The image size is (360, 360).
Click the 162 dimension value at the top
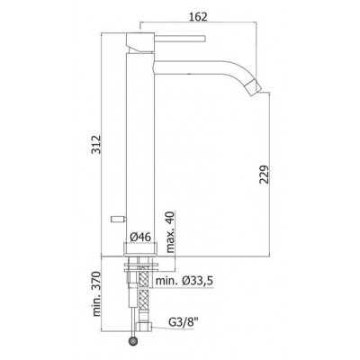click(198, 16)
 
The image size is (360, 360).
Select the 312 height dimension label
click(96, 144)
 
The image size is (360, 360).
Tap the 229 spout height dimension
click(265, 174)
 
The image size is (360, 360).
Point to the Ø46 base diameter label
click(140, 237)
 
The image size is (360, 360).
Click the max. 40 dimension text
click(170, 232)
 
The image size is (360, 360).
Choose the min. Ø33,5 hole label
click(184, 281)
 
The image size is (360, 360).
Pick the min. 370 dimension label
click(96, 294)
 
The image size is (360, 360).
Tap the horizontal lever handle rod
click(180, 39)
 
